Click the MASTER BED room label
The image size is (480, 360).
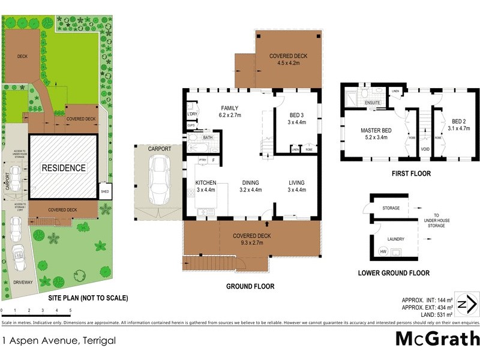(x=376, y=130)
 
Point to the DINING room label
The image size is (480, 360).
(x=250, y=182)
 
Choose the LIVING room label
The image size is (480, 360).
(x=296, y=182)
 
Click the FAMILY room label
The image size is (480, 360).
(x=229, y=108)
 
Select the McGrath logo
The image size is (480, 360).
(x=437, y=338)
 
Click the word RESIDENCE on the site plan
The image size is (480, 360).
(x=64, y=168)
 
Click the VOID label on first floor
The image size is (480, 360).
(x=425, y=149)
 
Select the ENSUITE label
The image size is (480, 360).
(x=373, y=103)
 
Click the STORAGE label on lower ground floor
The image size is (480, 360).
(x=391, y=208)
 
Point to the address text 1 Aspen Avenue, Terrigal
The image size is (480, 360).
(x=59, y=341)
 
